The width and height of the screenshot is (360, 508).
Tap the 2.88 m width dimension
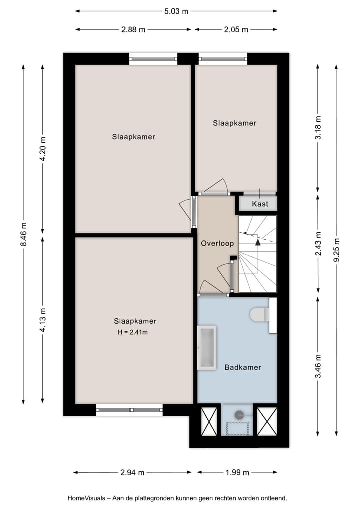[133, 29]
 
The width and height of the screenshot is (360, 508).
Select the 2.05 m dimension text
[236, 29]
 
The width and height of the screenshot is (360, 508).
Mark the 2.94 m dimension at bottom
[132, 472]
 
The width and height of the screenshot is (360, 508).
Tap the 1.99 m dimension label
[238, 472]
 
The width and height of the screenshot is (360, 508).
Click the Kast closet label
[260, 204]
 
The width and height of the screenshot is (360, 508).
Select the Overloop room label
[217, 244]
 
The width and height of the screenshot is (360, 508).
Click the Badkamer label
[243, 367]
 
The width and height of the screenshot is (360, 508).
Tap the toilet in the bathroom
[259, 315]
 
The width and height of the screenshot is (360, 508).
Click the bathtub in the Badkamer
[206, 348]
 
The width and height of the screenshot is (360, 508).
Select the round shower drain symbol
[239, 414]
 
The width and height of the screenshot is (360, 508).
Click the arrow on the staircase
[258, 242]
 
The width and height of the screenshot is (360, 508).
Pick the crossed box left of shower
[208, 420]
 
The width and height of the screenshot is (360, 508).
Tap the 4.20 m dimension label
[43, 148]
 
